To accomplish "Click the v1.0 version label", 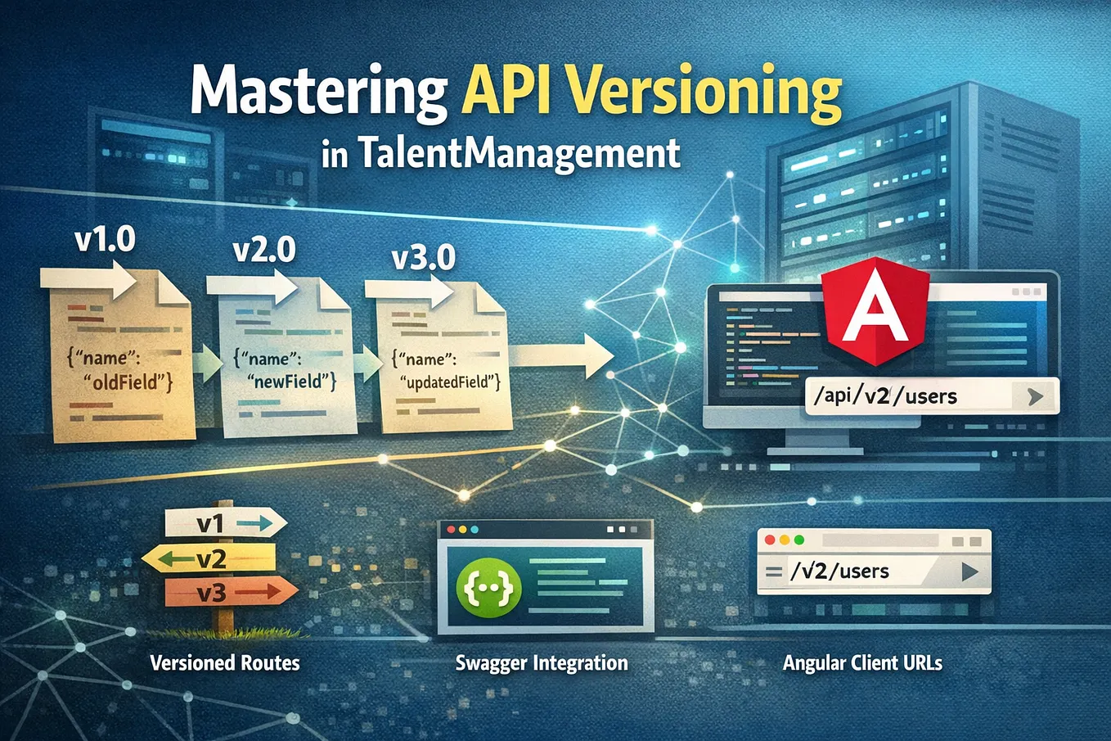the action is tap(105, 240).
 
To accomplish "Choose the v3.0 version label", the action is tap(423, 258).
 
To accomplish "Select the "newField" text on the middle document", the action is tap(291, 382).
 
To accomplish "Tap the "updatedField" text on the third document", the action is tap(450, 382).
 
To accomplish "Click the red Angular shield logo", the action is tap(875, 312).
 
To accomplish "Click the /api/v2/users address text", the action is tap(884, 396).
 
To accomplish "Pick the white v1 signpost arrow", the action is tap(226, 522).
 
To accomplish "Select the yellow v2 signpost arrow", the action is tap(209, 558).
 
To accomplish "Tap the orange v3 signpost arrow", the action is tap(231, 592).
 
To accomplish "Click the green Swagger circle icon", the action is tap(488, 588).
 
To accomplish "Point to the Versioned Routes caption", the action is tap(225, 663).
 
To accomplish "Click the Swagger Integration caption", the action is tap(541, 663).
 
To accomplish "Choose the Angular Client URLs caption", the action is tap(862, 663).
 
